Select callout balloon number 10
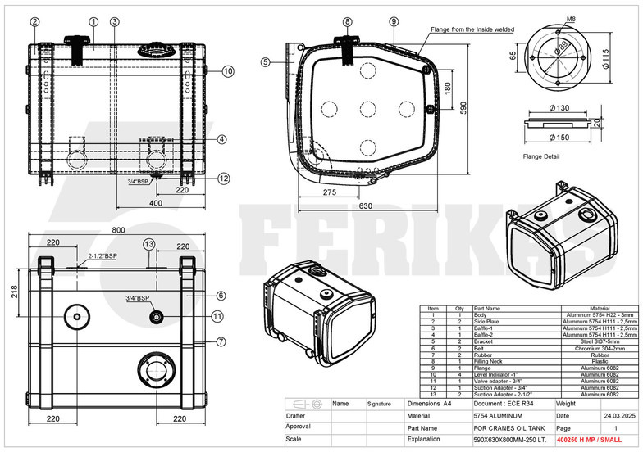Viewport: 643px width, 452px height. point(227,71)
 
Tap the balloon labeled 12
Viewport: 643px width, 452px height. point(224,178)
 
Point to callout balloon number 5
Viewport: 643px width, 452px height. point(266,61)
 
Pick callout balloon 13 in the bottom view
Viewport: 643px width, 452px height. point(148,244)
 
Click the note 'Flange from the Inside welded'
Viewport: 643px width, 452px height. point(472,29)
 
